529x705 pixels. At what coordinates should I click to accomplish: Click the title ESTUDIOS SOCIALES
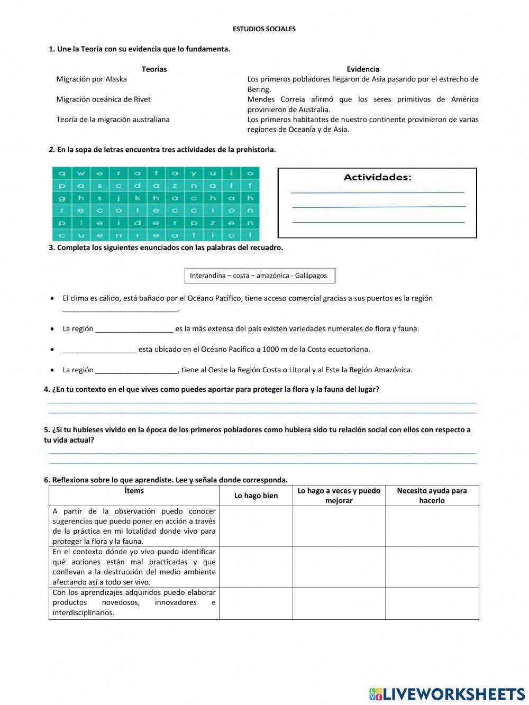point(264,29)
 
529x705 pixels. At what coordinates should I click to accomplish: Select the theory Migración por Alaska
point(92,79)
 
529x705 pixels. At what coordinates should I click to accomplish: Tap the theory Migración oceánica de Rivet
point(103,99)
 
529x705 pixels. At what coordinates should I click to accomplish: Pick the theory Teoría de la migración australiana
point(113,120)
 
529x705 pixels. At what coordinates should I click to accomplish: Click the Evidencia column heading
point(363,69)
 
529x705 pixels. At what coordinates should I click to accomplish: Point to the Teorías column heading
point(154,69)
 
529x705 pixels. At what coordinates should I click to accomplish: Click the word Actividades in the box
point(377,178)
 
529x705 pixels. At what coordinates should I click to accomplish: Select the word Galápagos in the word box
point(311,276)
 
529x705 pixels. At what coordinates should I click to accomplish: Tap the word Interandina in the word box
point(207,276)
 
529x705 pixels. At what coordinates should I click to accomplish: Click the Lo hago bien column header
point(256,496)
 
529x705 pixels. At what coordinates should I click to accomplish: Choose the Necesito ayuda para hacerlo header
point(432,496)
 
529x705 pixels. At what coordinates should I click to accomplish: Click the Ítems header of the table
point(134,491)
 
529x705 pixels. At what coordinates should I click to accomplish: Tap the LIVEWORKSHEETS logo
point(447,694)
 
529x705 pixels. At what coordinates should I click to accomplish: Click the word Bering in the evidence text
point(259,89)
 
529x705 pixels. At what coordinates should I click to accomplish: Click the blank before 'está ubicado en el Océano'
point(99,350)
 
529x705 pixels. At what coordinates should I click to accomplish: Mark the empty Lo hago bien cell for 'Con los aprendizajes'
point(256,603)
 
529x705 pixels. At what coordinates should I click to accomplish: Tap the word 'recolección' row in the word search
point(156,210)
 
